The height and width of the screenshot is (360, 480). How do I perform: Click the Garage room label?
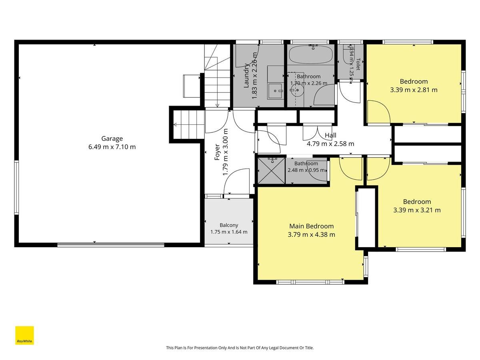pyautogui.click(x=112, y=138)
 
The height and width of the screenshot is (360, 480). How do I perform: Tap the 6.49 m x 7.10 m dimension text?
pyautogui.click(x=112, y=147)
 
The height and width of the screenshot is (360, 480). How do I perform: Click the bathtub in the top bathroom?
pyautogui.click(x=311, y=55)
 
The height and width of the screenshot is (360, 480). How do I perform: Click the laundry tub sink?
pyautogui.click(x=275, y=91)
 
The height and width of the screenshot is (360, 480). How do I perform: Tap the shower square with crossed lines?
pyautogui.click(x=271, y=170)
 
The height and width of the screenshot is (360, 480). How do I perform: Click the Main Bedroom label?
pyautogui.click(x=311, y=226)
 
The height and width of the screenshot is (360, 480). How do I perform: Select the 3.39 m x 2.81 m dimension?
pyautogui.click(x=414, y=90)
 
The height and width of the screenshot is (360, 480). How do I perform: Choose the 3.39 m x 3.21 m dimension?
pyautogui.click(x=417, y=210)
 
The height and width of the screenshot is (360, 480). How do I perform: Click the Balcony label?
pyautogui.click(x=229, y=225)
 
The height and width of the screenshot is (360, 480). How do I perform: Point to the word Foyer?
pyautogui.click(x=217, y=152)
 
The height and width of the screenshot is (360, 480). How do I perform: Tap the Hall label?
pyautogui.click(x=330, y=135)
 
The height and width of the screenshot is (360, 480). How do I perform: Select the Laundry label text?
pyautogui.click(x=246, y=76)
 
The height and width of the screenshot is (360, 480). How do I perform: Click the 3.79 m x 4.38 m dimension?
pyautogui.click(x=311, y=234)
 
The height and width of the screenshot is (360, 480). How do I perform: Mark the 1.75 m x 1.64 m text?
pyautogui.click(x=229, y=232)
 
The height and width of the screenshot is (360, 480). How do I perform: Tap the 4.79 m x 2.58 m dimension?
pyautogui.click(x=330, y=144)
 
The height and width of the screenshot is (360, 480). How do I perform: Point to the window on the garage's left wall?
pyautogui.click(x=17, y=188)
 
